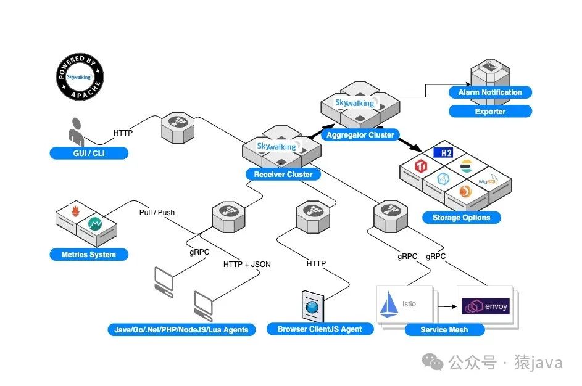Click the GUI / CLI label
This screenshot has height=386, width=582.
click(x=89, y=153)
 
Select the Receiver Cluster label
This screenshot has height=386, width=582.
click(x=283, y=175)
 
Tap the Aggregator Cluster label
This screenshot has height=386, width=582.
click(x=360, y=135)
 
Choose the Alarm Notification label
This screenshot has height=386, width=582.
click(x=490, y=92)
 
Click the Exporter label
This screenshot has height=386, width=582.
click(x=490, y=111)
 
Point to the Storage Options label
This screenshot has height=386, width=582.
click(x=462, y=218)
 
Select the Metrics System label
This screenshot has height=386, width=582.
click(x=89, y=255)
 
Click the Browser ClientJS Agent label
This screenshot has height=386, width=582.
click(x=320, y=329)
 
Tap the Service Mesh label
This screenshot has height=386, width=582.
click(x=444, y=330)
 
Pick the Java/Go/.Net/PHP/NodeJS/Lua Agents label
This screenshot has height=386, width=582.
click(x=181, y=330)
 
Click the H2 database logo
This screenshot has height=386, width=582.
click(x=444, y=152)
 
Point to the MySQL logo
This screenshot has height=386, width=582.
click(x=488, y=180)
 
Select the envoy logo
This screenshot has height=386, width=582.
click(x=486, y=306)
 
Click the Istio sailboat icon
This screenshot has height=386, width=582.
click(x=388, y=304)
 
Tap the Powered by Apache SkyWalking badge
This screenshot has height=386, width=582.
click(x=80, y=76)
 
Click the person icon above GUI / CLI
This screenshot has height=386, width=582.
click(x=77, y=131)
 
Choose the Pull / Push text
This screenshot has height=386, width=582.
click(x=157, y=213)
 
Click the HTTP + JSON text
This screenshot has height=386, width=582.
click(x=247, y=265)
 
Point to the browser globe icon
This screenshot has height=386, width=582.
click(x=312, y=306)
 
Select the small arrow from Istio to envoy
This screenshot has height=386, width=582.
click(x=447, y=306)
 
